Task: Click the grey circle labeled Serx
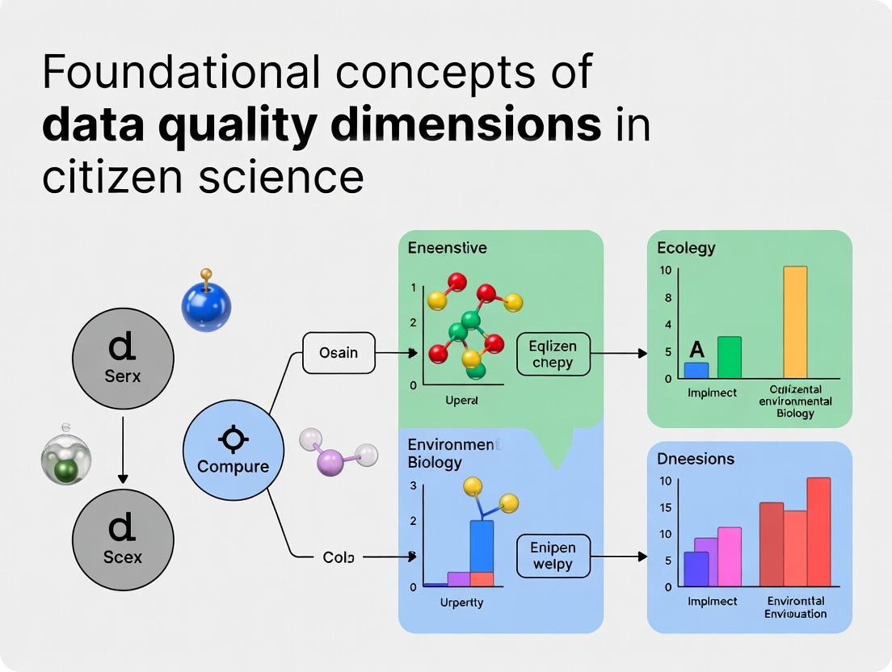point(123,358)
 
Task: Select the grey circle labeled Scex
point(123,539)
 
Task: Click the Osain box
point(339,353)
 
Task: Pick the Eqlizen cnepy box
point(553,355)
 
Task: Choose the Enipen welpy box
point(553,556)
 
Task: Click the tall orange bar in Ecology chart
point(795,321)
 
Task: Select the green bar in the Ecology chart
point(730,357)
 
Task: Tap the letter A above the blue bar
point(696,350)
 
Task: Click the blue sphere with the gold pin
point(206,306)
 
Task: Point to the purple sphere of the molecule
point(331,462)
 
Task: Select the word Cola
point(338,556)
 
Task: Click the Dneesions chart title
point(696,458)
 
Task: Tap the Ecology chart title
point(686,248)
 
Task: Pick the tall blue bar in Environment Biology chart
point(482,546)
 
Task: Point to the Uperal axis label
point(463,400)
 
